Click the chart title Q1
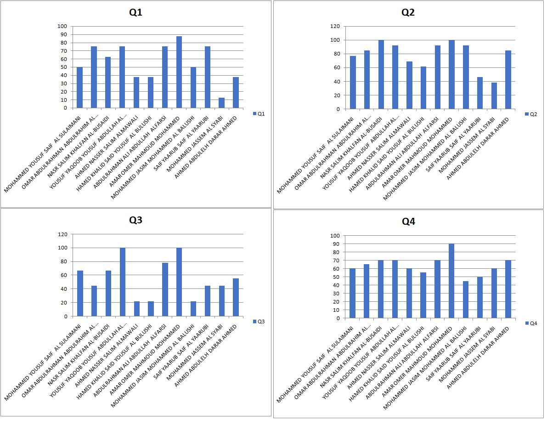click(x=135, y=12)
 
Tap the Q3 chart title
click(x=135, y=220)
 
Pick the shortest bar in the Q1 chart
click(x=221, y=103)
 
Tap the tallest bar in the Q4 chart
click(x=451, y=281)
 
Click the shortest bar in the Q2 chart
click(x=494, y=96)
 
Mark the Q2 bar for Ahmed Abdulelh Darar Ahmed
click(x=508, y=80)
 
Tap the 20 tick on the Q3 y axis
click(x=63, y=303)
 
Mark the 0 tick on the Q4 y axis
click(x=338, y=318)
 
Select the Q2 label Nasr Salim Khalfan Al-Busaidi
click(x=351, y=142)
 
